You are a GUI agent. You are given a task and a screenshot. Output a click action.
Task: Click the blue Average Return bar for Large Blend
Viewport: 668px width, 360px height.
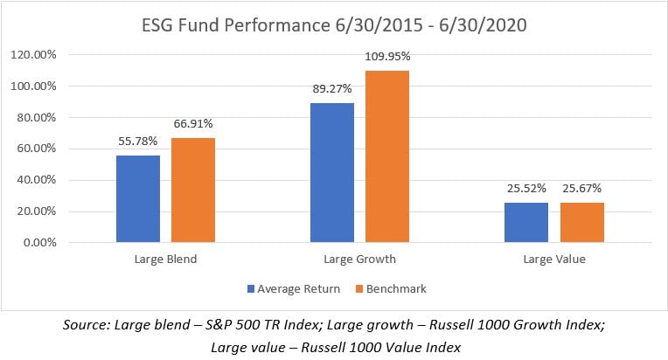click(138, 198)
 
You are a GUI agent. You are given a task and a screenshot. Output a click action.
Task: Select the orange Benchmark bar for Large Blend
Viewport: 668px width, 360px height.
click(193, 190)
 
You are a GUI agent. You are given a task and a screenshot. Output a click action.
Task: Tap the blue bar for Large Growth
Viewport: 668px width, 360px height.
click(332, 173)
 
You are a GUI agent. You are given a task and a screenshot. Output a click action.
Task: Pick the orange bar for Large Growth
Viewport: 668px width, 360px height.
click(387, 156)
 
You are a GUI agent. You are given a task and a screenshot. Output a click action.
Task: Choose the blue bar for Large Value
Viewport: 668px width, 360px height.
click(526, 223)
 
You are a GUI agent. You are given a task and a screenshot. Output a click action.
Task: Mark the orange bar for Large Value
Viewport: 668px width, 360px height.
click(582, 223)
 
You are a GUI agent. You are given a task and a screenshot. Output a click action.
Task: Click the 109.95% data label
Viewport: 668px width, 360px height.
click(387, 56)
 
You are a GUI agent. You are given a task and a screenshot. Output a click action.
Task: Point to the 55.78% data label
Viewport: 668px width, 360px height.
click(138, 141)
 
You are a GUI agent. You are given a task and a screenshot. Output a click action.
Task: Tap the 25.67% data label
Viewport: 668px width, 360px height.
click(582, 188)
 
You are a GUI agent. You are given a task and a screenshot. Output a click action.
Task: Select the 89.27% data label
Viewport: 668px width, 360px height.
click(332, 88)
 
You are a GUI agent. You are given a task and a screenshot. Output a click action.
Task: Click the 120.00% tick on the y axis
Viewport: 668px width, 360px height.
click(33, 55)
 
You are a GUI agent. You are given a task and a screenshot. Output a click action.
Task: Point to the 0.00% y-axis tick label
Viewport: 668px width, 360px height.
click(39, 243)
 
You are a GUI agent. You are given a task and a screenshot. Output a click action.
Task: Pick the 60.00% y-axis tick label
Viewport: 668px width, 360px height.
click(36, 149)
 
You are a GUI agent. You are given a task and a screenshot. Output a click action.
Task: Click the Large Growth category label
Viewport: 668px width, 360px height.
click(359, 260)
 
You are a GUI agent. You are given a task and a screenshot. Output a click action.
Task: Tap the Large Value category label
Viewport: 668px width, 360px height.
click(554, 260)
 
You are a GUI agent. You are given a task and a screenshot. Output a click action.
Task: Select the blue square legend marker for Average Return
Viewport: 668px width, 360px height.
click(251, 289)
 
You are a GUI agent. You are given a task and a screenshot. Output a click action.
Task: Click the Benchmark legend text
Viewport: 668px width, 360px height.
click(396, 289)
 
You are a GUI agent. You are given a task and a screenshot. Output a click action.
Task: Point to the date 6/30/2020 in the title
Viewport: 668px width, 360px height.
click(484, 25)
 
